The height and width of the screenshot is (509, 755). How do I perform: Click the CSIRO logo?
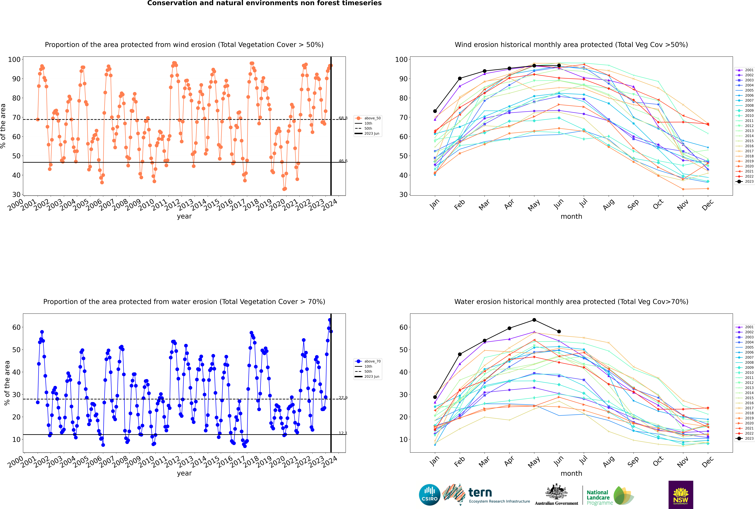coord(429,495)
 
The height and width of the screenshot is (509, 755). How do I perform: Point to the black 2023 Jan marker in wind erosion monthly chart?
coord(435,111)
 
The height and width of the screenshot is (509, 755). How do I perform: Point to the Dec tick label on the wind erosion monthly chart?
coord(708,205)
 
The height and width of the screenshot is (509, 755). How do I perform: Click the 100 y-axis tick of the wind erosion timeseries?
coord(14,59)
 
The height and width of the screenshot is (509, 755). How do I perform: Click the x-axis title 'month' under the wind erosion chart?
coord(571,217)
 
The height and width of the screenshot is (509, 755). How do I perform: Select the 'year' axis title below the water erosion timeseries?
coord(184,473)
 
